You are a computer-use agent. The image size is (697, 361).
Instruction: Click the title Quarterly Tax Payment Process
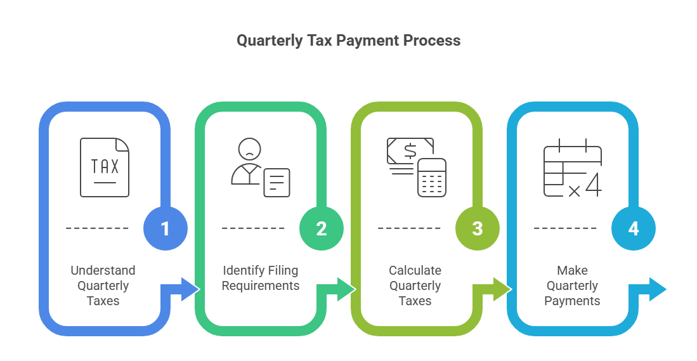(348, 41)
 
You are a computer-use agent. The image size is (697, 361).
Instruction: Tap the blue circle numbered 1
(166, 228)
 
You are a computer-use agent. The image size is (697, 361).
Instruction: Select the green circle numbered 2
(322, 228)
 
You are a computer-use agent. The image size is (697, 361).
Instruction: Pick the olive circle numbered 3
(478, 228)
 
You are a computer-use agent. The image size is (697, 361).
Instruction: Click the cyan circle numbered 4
(634, 228)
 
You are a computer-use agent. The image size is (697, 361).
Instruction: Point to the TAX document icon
(105, 167)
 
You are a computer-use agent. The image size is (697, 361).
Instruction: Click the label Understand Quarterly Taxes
(103, 286)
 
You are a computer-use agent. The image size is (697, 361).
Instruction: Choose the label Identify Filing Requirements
(260, 278)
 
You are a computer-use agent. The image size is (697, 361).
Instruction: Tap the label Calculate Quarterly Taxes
(415, 286)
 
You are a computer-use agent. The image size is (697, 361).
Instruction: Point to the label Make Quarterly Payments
(572, 286)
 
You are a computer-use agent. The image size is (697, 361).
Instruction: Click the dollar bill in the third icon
(409, 152)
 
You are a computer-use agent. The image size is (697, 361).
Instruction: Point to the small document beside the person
(277, 182)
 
